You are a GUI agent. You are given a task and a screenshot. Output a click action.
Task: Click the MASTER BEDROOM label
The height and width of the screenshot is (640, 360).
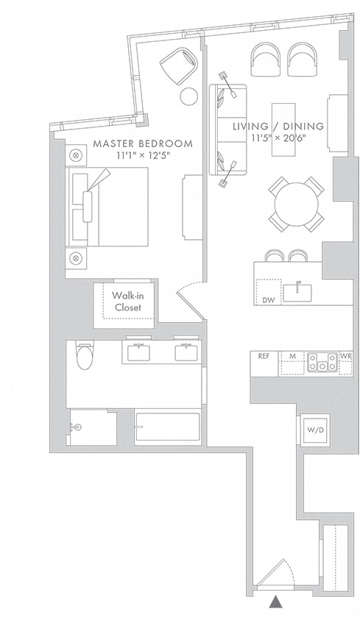pyautogui.click(x=143, y=143)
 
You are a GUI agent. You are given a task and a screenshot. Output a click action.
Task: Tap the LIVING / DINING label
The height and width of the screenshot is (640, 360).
pyautogui.click(x=278, y=127)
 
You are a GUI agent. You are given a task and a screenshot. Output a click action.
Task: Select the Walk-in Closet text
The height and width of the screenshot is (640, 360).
pyautogui.click(x=127, y=301)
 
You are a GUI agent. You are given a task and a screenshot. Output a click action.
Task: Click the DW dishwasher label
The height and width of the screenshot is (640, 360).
pyautogui.click(x=268, y=300)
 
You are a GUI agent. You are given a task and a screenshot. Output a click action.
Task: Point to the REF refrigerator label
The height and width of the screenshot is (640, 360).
pyautogui.click(x=264, y=356)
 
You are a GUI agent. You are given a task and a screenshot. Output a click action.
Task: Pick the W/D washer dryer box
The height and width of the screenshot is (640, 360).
pyautogui.click(x=315, y=430)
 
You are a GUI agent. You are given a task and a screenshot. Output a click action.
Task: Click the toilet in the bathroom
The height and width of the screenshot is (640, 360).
pyautogui.click(x=85, y=355)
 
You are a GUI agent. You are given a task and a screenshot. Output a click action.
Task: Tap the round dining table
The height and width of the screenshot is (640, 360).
pyautogui.click(x=296, y=205)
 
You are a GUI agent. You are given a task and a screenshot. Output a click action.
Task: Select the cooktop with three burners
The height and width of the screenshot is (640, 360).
pyautogui.click(x=322, y=362)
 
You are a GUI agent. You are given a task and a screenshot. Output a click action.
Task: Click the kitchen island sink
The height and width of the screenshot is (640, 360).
pyautogui.click(x=297, y=292)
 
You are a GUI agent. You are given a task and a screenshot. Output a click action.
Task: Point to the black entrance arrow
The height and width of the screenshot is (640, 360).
pyautogui.click(x=276, y=601)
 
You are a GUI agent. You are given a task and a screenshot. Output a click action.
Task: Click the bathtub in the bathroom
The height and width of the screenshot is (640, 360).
pyautogui.click(x=168, y=427)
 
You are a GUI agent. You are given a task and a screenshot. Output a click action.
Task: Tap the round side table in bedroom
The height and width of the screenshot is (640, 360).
pyautogui.click(x=188, y=96)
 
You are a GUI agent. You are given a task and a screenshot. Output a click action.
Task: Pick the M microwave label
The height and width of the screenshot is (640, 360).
pyautogui.click(x=292, y=356)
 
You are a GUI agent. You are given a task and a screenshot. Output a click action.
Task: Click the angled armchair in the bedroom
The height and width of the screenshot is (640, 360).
pyautogui.click(x=179, y=66)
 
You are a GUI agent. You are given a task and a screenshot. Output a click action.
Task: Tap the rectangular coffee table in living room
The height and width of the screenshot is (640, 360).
pyautogui.click(x=283, y=129)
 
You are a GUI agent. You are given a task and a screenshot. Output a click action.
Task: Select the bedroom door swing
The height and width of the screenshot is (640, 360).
pyautogui.click(x=191, y=301)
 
